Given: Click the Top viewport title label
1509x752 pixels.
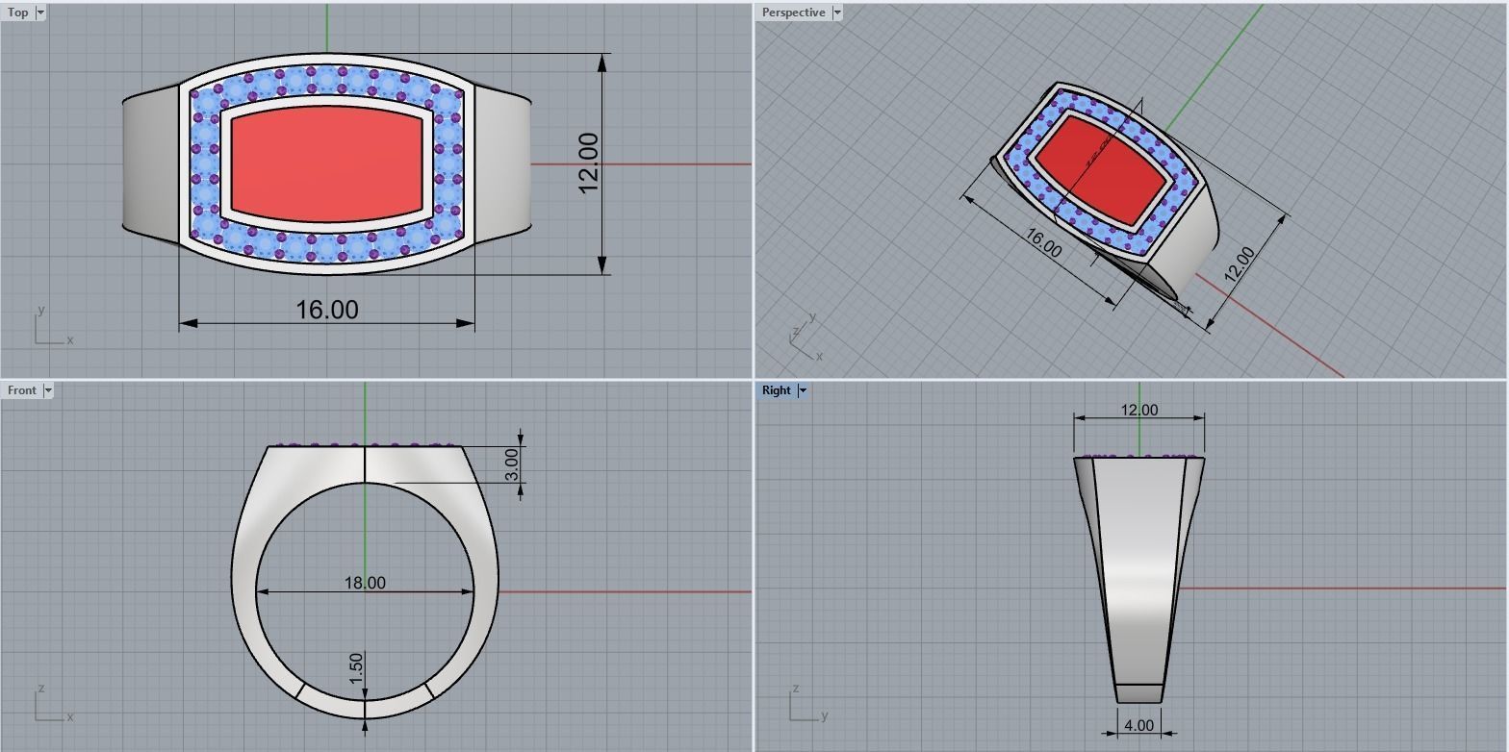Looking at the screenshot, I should pos(17,13).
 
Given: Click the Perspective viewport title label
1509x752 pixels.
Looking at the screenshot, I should pos(793,13).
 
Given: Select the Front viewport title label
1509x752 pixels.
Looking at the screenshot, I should pos(21,390).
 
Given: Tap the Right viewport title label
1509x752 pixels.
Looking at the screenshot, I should pos(776,390).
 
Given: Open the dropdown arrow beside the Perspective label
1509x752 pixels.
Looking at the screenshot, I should pos(837,13).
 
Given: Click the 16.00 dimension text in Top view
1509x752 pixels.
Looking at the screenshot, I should pos(327,310).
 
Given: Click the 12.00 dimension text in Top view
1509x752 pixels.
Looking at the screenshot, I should pos(589,163).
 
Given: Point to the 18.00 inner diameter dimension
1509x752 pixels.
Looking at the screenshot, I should pos(365,583).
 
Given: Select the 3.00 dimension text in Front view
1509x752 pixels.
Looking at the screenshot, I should pos(512,464).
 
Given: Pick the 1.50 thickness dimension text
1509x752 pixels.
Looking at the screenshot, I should pos(356,668).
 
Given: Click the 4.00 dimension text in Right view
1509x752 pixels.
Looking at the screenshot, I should pos(1138,726).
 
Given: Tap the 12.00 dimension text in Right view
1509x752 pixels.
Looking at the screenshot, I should pos(1139,410).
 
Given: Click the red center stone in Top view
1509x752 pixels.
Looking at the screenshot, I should pos(327,163).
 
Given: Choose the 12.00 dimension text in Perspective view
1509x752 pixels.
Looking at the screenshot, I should pos(1240,263).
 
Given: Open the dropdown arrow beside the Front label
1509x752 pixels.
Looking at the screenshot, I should pos(48,390).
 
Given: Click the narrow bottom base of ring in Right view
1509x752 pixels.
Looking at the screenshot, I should pos(1139,693).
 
